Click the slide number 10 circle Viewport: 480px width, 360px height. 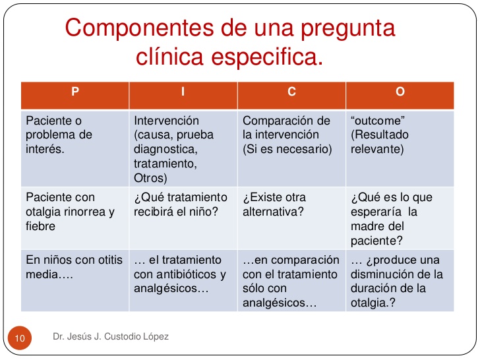pyautogui.click(x=19, y=338)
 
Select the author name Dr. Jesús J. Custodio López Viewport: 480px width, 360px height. pyautogui.click(x=111, y=337)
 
